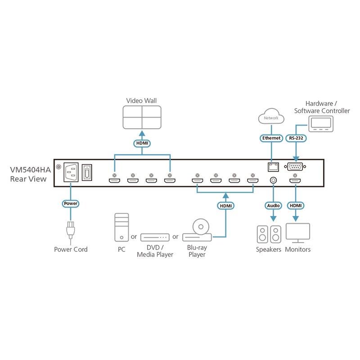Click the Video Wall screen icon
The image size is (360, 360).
click(141, 117)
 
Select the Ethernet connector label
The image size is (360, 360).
click(271, 138)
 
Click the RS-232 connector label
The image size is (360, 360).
click(295, 138)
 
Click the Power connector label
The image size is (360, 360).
click(71, 204)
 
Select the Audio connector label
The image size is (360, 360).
click(273, 205)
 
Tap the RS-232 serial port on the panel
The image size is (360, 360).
click(295, 167)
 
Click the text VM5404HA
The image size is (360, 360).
click(31, 171)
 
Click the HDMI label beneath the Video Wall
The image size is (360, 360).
click(142, 144)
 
